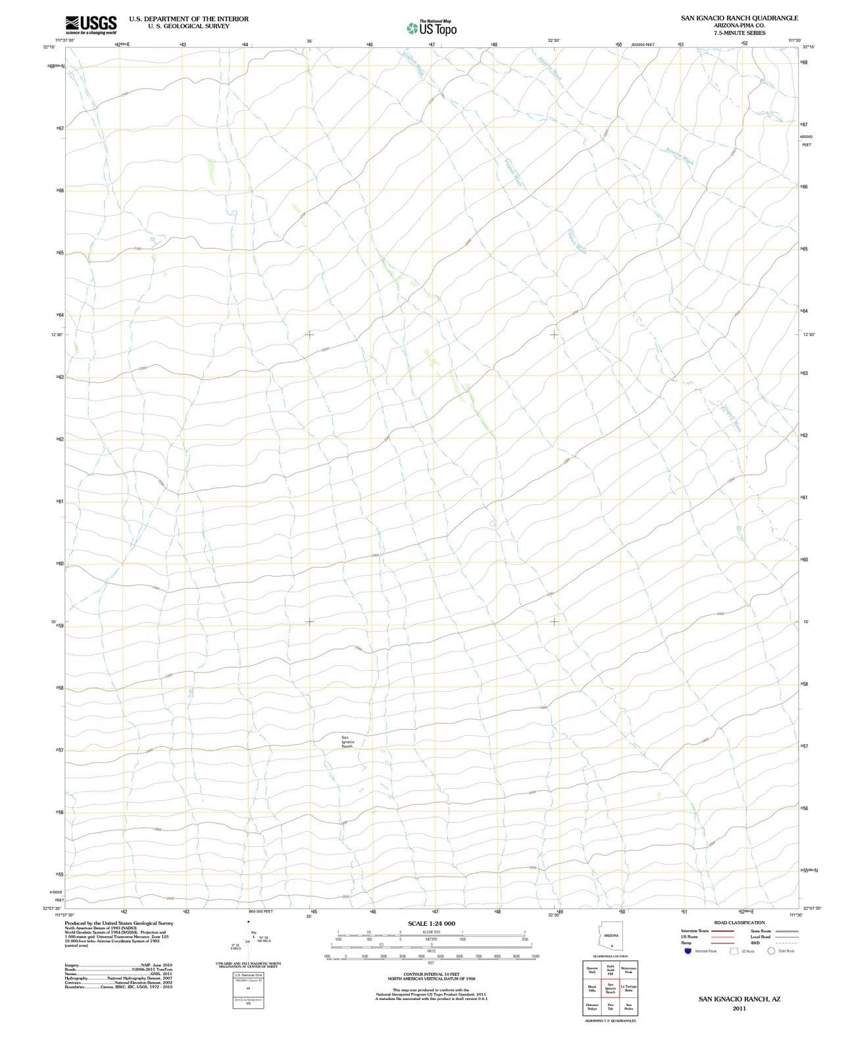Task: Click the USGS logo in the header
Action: pyautogui.click(x=91, y=25)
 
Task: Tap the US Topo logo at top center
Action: pyautogui.click(x=432, y=28)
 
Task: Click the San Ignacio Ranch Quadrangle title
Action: pyautogui.click(x=739, y=18)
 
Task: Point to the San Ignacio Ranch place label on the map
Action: pyautogui.click(x=347, y=742)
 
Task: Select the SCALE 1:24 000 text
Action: pyautogui.click(x=432, y=924)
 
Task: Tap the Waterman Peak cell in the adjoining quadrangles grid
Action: pyautogui.click(x=628, y=970)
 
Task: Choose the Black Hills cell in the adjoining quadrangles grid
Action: pyautogui.click(x=592, y=989)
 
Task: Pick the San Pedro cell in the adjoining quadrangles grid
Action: pyautogui.click(x=628, y=1007)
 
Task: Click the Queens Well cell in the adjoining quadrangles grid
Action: pyautogui.click(x=592, y=970)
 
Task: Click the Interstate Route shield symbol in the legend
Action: pyautogui.click(x=689, y=951)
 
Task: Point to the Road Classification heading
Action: pyautogui.click(x=739, y=922)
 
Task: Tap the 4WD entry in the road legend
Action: pyautogui.click(x=755, y=943)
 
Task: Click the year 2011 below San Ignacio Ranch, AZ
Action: pyautogui.click(x=739, y=1009)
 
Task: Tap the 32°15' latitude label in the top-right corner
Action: pyautogui.click(x=809, y=47)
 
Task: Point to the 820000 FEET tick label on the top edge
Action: pyautogui.click(x=643, y=45)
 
